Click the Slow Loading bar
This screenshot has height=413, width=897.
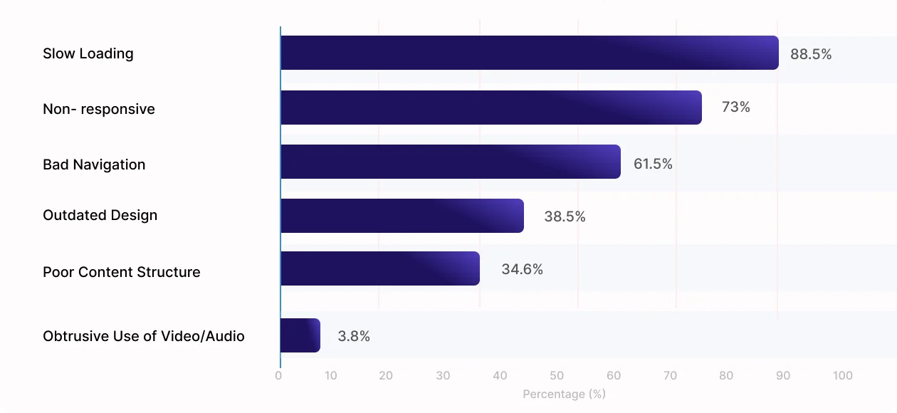coord(529,53)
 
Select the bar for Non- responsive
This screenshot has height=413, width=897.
coord(491,108)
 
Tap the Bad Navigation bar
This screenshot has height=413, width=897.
coord(450,162)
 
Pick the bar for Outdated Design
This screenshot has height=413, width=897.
coord(402,216)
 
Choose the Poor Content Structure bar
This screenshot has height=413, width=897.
coord(379,268)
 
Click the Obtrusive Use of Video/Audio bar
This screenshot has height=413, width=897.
coord(300,335)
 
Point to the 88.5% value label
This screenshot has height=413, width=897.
coord(811,54)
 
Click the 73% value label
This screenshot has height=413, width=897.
coord(736,108)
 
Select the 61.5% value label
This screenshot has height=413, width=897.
coord(653,164)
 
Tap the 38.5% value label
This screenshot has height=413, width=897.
coord(565,216)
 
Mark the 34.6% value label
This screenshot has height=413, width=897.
coord(522,269)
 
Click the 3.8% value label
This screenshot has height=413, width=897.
coord(354,336)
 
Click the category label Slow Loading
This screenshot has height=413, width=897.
coord(88,53)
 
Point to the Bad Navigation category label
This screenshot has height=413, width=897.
coord(94,164)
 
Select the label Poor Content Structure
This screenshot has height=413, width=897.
coord(122,272)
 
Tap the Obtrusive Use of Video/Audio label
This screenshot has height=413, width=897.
coord(144,336)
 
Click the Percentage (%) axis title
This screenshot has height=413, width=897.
coord(564,394)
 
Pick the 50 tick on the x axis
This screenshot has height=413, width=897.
coord(557,376)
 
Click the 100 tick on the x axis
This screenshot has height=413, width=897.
coord(842,376)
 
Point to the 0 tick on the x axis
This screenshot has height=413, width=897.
coord(278,376)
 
